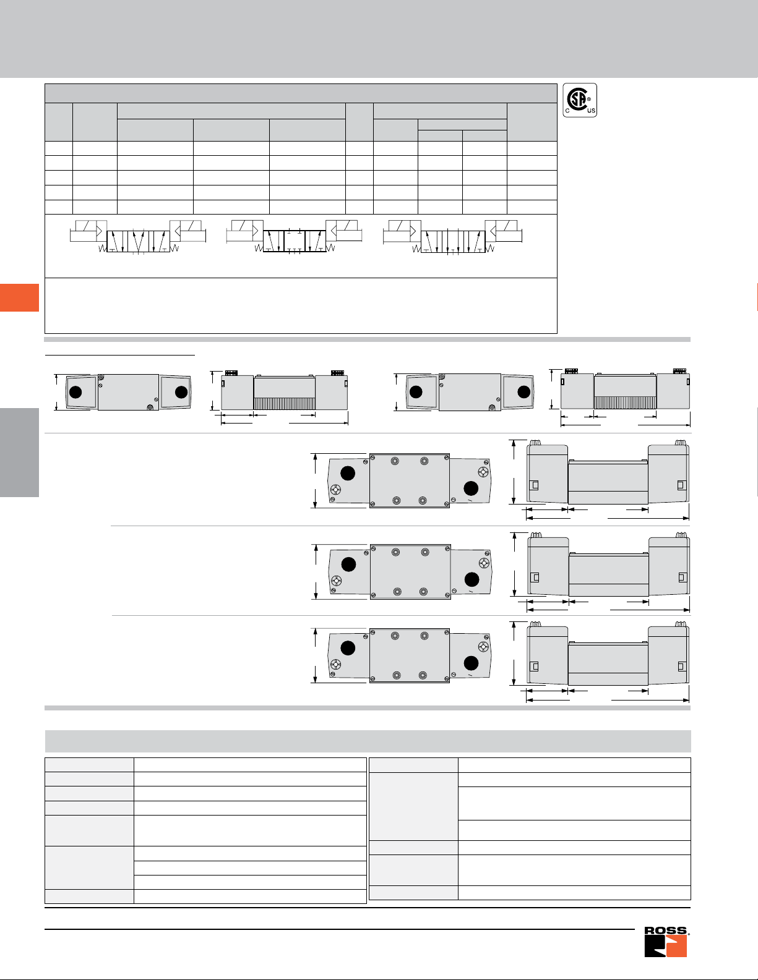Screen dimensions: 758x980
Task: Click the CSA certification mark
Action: tap(580, 100)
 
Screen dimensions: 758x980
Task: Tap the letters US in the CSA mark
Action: tap(591, 111)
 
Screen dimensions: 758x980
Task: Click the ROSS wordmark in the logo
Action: tap(666, 931)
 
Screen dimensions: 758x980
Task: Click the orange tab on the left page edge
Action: tap(19, 297)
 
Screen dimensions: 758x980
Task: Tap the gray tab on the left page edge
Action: tap(19, 453)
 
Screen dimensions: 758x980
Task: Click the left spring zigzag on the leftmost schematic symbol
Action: tap(103, 249)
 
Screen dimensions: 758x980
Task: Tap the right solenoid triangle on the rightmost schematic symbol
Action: tap(493, 231)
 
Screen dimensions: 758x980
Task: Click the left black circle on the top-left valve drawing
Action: tap(75, 392)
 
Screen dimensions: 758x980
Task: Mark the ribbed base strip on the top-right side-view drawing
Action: tap(625, 403)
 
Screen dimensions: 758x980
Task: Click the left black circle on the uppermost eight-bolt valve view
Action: tap(347, 473)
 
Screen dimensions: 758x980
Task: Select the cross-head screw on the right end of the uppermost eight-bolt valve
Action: tap(483, 472)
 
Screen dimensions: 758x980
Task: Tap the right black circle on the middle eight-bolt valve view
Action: tap(472, 579)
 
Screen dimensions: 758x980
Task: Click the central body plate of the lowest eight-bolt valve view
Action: tap(409, 655)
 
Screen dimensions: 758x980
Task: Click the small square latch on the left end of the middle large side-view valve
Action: tap(535, 577)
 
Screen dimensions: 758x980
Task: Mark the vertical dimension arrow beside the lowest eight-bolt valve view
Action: tap(316, 655)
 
